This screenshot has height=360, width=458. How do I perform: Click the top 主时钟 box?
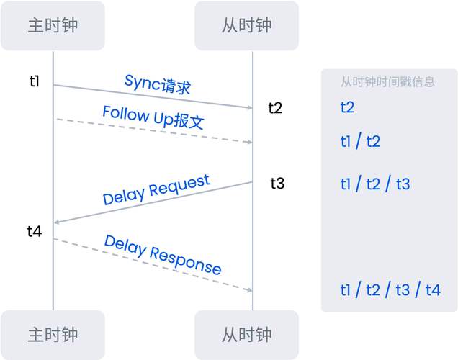pos(53,25)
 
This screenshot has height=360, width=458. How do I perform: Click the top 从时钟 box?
pos(246,25)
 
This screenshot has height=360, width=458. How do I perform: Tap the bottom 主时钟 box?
pos(53,335)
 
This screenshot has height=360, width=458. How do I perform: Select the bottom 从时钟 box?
pos(246,335)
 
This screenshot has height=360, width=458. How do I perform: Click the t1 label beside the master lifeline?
pos(35,81)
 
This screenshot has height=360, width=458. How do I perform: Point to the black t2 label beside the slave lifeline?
pos(276,108)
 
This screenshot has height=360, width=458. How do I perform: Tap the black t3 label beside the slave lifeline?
pos(277,183)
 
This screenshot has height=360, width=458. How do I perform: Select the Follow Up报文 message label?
pos(153,117)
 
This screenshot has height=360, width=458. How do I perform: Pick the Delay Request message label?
pos(156,190)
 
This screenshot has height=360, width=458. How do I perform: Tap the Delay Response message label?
pos(163,254)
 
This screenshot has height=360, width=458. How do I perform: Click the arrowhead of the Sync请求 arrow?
pos(249,108)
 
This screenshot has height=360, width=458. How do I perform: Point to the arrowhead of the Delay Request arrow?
pos(58,222)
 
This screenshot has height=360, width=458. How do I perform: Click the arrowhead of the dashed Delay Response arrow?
pos(249,290)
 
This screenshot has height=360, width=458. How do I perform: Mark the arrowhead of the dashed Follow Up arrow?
pos(249,142)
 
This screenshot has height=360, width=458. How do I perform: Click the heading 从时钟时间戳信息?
pos(387,81)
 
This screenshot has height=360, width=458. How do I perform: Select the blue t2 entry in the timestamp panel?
pos(348,107)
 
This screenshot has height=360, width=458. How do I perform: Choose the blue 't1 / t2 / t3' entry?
pos(375,184)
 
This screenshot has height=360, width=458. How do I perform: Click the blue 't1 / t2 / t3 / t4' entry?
pos(390,290)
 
